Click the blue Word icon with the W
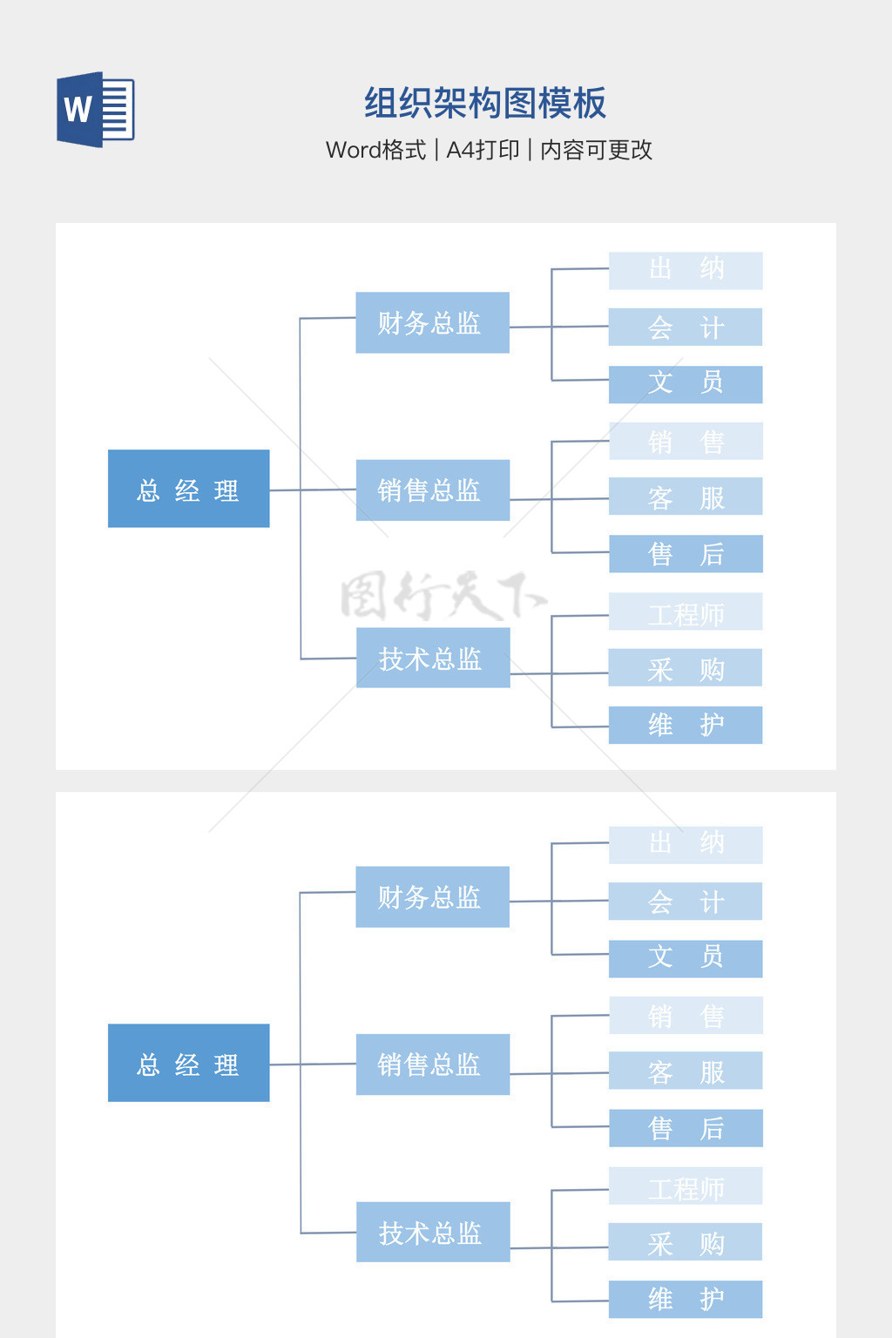pos(95,110)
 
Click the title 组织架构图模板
pos(484,104)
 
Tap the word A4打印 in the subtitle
pos(483,150)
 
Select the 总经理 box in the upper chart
pos(188,489)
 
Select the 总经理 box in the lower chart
pos(188,1063)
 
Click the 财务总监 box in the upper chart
pos(432,322)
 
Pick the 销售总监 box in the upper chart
pos(432,490)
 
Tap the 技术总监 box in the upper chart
pos(433,658)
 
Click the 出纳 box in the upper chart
pos(686,270)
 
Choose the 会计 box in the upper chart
pos(686,327)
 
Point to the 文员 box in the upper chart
pos(686,384)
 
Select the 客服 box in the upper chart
pos(686,497)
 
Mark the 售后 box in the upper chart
pos(686,554)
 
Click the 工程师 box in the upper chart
pos(686,612)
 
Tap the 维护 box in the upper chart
pos(686,725)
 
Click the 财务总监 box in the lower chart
pos(432,896)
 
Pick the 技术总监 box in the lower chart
pos(433,1232)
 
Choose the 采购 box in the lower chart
pos(686,1241)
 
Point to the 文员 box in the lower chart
pos(686,958)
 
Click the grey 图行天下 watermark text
pos(443,596)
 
